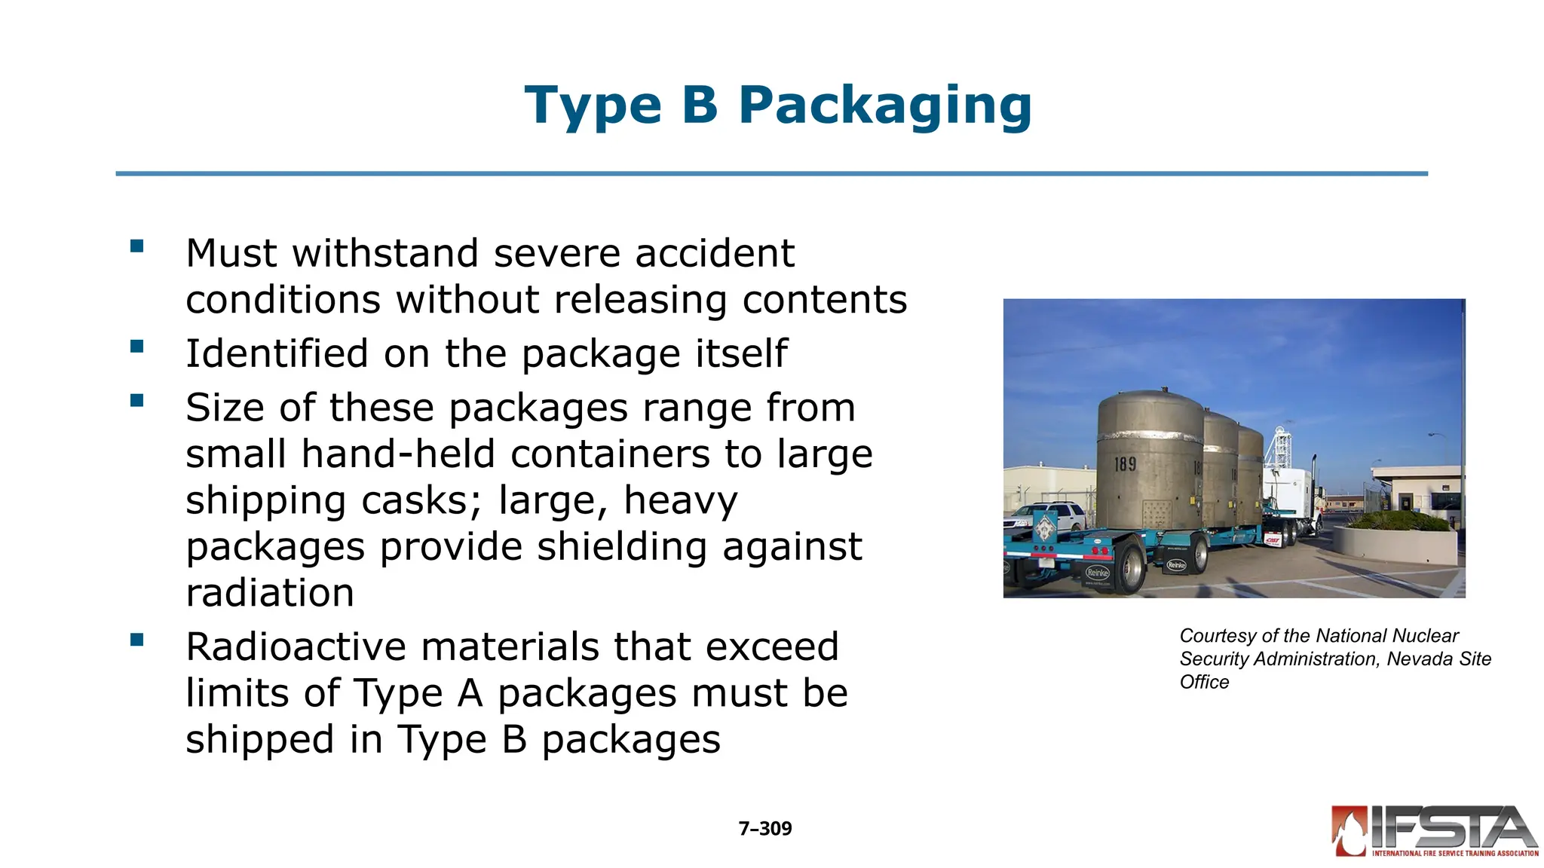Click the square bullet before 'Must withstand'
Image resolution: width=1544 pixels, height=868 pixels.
click(136, 246)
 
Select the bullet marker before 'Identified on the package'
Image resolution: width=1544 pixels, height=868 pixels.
click(136, 347)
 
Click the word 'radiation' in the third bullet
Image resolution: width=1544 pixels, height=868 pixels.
click(270, 593)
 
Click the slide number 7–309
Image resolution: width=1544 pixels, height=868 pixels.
click(764, 829)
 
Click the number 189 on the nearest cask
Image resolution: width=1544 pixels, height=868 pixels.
click(1125, 464)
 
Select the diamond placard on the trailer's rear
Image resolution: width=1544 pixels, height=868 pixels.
click(1044, 527)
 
